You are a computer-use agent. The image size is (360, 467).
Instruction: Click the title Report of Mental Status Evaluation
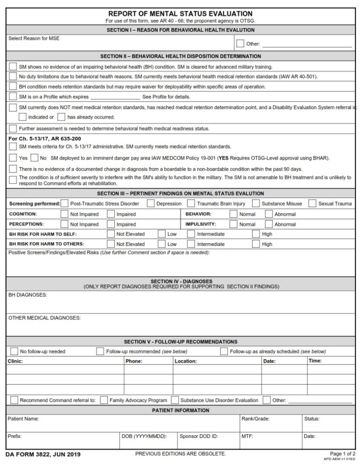coord(180,14)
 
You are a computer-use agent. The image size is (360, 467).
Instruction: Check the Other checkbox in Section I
coord(240,44)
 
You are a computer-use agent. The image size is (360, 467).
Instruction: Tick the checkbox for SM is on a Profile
coord(13,96)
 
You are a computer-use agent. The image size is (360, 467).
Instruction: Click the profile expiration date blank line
coord(115,97)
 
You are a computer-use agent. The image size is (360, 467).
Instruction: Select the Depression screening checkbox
coord(150,203)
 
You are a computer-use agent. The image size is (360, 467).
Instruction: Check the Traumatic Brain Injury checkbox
coord(191,203)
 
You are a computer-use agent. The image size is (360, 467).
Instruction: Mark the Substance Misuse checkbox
coord(255,203)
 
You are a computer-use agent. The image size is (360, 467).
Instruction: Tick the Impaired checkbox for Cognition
coord(111,214)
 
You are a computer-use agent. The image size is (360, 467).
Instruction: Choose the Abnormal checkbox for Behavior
coord(269,214)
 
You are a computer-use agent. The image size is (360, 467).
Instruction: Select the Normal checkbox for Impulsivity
coord(233,224)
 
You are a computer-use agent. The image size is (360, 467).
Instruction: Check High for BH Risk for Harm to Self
coord(256,234)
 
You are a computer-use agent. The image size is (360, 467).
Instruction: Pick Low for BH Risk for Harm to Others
coord(162,244)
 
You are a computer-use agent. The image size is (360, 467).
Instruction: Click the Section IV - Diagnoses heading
coord(181,282)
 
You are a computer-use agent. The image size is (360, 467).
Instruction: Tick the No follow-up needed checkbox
coord(14,351)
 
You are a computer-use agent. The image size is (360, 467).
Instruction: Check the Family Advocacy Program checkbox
coord(104,400)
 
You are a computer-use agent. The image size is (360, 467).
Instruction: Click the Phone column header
coord(134,361)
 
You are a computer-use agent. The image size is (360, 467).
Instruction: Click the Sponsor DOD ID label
coord(199,436)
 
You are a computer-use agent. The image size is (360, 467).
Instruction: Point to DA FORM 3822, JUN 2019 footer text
coord(43,454)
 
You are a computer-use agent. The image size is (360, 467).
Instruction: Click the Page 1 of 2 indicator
coord(343,454)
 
